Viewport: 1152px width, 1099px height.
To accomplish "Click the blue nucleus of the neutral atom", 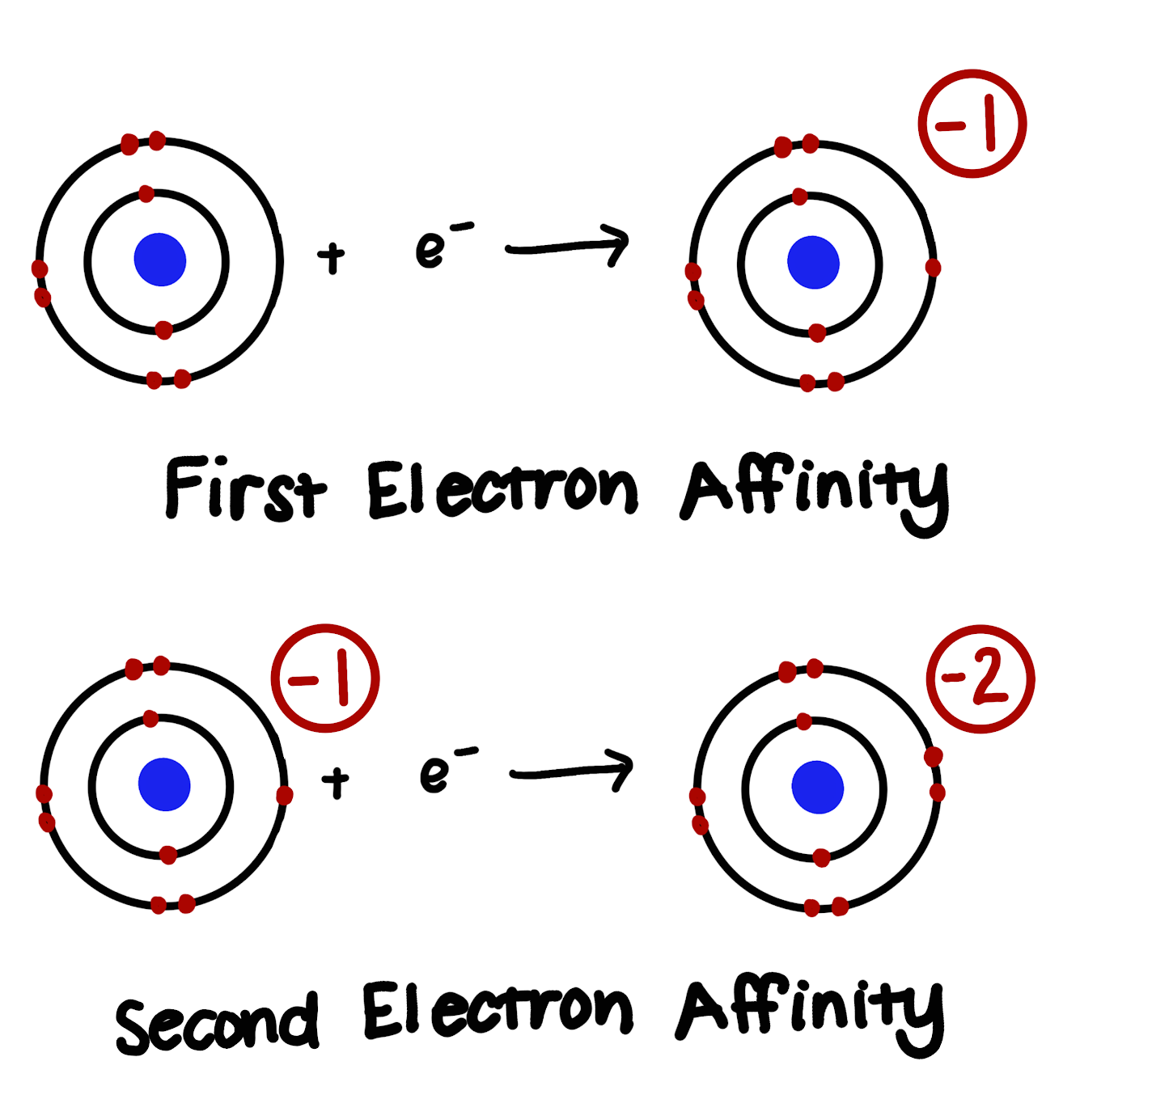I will click(x=160, y=260).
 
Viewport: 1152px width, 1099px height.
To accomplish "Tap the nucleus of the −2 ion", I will click(x=817, y=787).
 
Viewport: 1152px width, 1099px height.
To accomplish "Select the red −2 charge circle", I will click(x=980, y=679).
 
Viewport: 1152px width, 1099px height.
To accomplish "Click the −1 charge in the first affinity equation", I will click(x=972, y=124).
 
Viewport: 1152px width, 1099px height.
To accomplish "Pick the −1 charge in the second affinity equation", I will click(x=324, y=678).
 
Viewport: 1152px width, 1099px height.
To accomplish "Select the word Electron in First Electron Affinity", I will click(x=502, y=489).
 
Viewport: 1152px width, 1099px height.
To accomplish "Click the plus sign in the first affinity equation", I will click(x=331, y=259).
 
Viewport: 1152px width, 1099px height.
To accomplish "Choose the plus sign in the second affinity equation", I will click(x=335, y=782).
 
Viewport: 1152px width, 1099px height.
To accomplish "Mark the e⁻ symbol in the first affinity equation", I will click(x=441, y=245).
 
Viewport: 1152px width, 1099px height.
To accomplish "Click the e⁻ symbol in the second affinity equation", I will click(x=445, y=771).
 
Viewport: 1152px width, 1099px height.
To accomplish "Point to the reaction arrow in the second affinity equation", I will click(x=572, y=771).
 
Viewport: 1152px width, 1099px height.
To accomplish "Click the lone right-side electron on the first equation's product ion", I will click(x=933, y=268).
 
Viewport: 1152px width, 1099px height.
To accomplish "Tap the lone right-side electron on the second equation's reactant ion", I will click(x=284, y=796).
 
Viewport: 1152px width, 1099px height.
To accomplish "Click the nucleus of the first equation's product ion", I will click(x=813, y=263).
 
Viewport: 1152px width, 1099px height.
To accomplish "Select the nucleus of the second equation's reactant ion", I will click(x=164, y=784).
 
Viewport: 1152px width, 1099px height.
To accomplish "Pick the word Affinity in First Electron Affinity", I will click(x=814, y=492).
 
